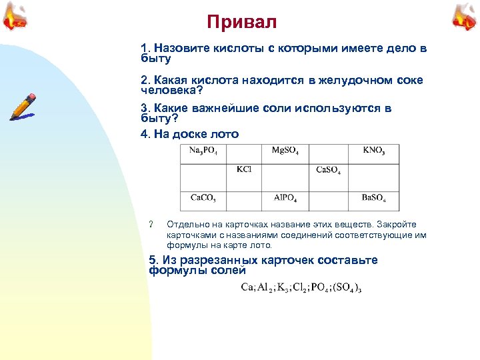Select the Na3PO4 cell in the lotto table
(x=207, y=151)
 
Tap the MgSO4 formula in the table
(x=285, y=151)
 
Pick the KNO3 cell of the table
(x=373, y=151)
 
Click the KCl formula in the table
(x=244, y=169)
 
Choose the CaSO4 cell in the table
(x=328, y=170)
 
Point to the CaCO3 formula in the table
(x=203, y=197)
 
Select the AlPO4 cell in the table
(x=285, y=197)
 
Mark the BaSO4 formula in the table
(x=373, y=197)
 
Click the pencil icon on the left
(x=23, y=107)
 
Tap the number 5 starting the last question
(x=153, y=260)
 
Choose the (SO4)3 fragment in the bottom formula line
(x=348, y=288)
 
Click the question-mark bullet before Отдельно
(x=152, y=224)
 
